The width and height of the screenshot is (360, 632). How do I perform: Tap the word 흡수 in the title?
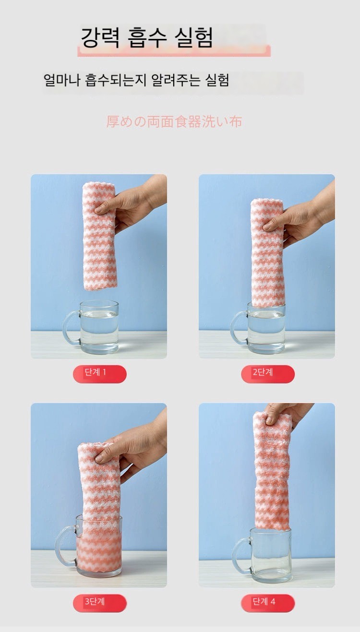coord(147,37)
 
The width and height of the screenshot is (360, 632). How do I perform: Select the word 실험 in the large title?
coord(193,37)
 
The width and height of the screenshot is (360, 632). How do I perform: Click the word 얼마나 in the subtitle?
coord(61,80)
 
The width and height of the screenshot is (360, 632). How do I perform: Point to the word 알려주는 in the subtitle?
coord(176,80)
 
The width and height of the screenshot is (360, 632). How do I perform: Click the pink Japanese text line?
coord(174,122)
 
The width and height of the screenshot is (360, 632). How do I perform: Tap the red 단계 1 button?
coord(100,374)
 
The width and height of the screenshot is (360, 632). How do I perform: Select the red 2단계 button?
coord(268,374)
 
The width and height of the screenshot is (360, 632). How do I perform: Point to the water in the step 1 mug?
coord(99,330)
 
